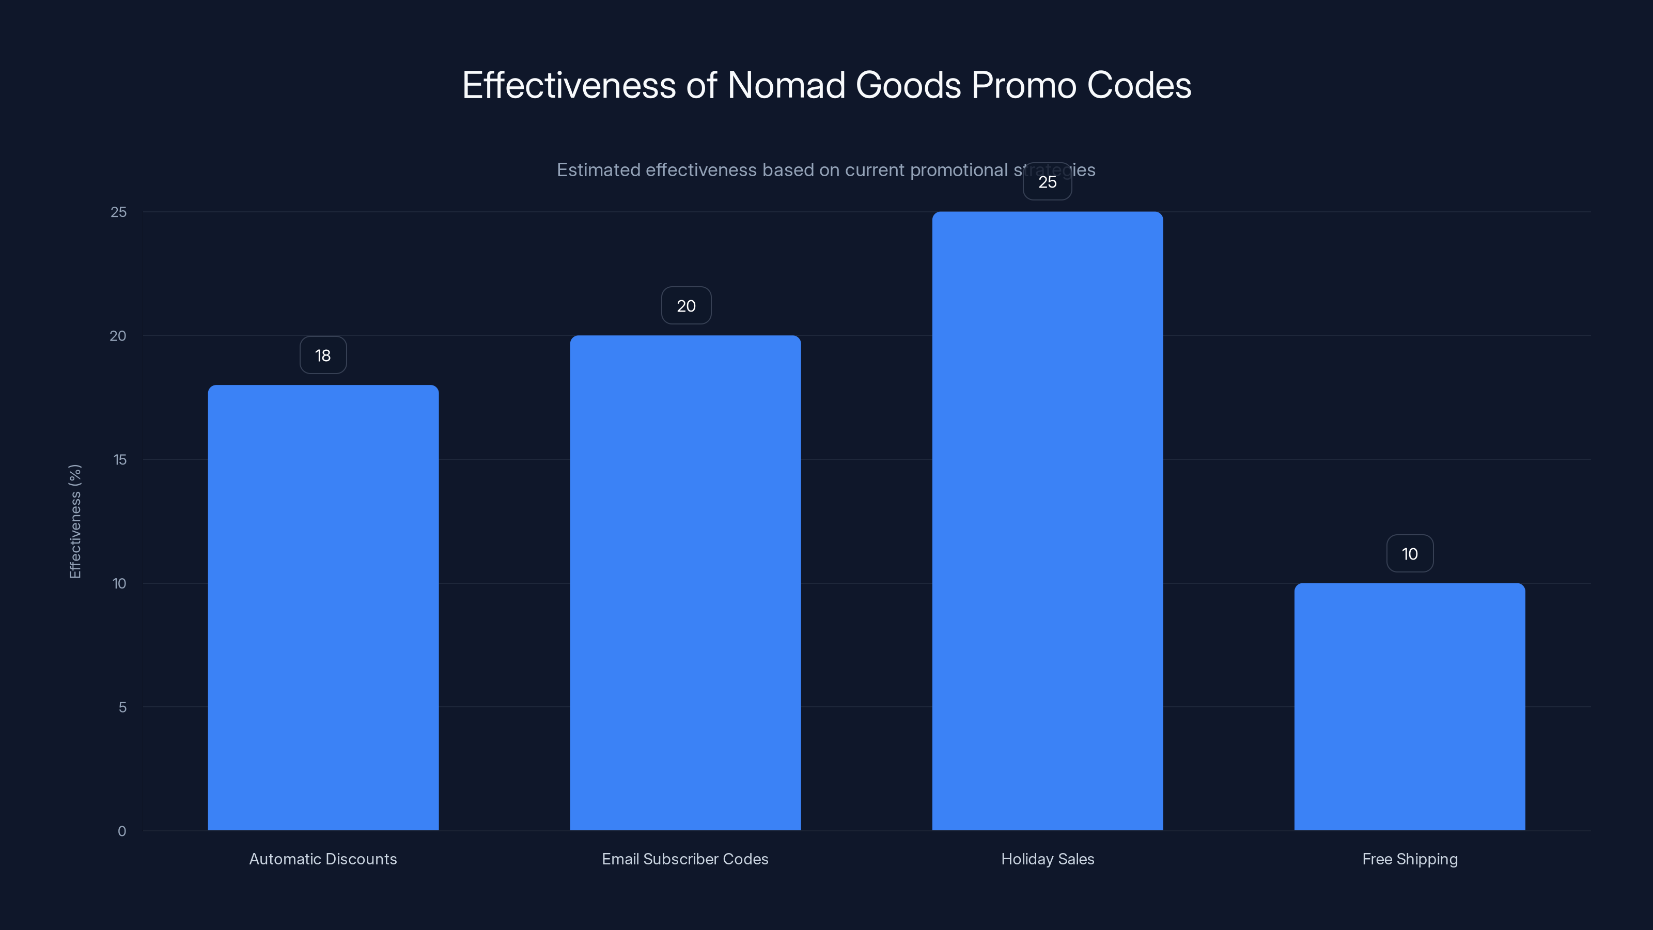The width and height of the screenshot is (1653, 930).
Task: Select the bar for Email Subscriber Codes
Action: click(x=685, y=583)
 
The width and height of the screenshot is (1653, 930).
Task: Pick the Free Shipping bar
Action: click(x=1409, y=707)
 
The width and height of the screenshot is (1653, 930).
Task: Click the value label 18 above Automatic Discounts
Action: click(x=323, y=355)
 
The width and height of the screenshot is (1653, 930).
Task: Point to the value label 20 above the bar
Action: click(x=686, y=306)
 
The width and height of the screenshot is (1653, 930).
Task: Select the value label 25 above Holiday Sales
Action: click(x=1047, y=182)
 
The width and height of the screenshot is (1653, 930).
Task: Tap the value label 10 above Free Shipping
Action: click(x=1409, y=554)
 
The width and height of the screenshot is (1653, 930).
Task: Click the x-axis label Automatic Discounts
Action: click(x=323, y=859)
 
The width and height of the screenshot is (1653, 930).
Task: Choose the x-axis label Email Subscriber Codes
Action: click(x=684, y=859)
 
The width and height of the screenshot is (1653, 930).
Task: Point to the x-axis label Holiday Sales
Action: click(x=1047, y=859)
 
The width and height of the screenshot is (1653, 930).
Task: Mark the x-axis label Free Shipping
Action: click(x=1410, y=859)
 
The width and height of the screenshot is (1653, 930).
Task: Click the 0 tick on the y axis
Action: click(x=122, y=831)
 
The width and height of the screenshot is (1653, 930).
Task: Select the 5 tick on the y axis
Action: click(x=122, y=707)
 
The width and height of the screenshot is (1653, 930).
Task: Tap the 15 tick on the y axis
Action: click(x=119, y=459)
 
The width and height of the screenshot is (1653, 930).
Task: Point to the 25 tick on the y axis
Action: click(x=119, y=212)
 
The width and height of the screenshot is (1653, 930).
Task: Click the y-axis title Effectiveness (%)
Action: click(x=75, y=521)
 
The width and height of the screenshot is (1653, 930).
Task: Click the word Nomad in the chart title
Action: click(x=786, y=85)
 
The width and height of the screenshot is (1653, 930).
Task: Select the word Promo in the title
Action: click(x=1023, y=85)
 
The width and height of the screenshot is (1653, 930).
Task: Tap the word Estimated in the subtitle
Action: click(x=598, y=170)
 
